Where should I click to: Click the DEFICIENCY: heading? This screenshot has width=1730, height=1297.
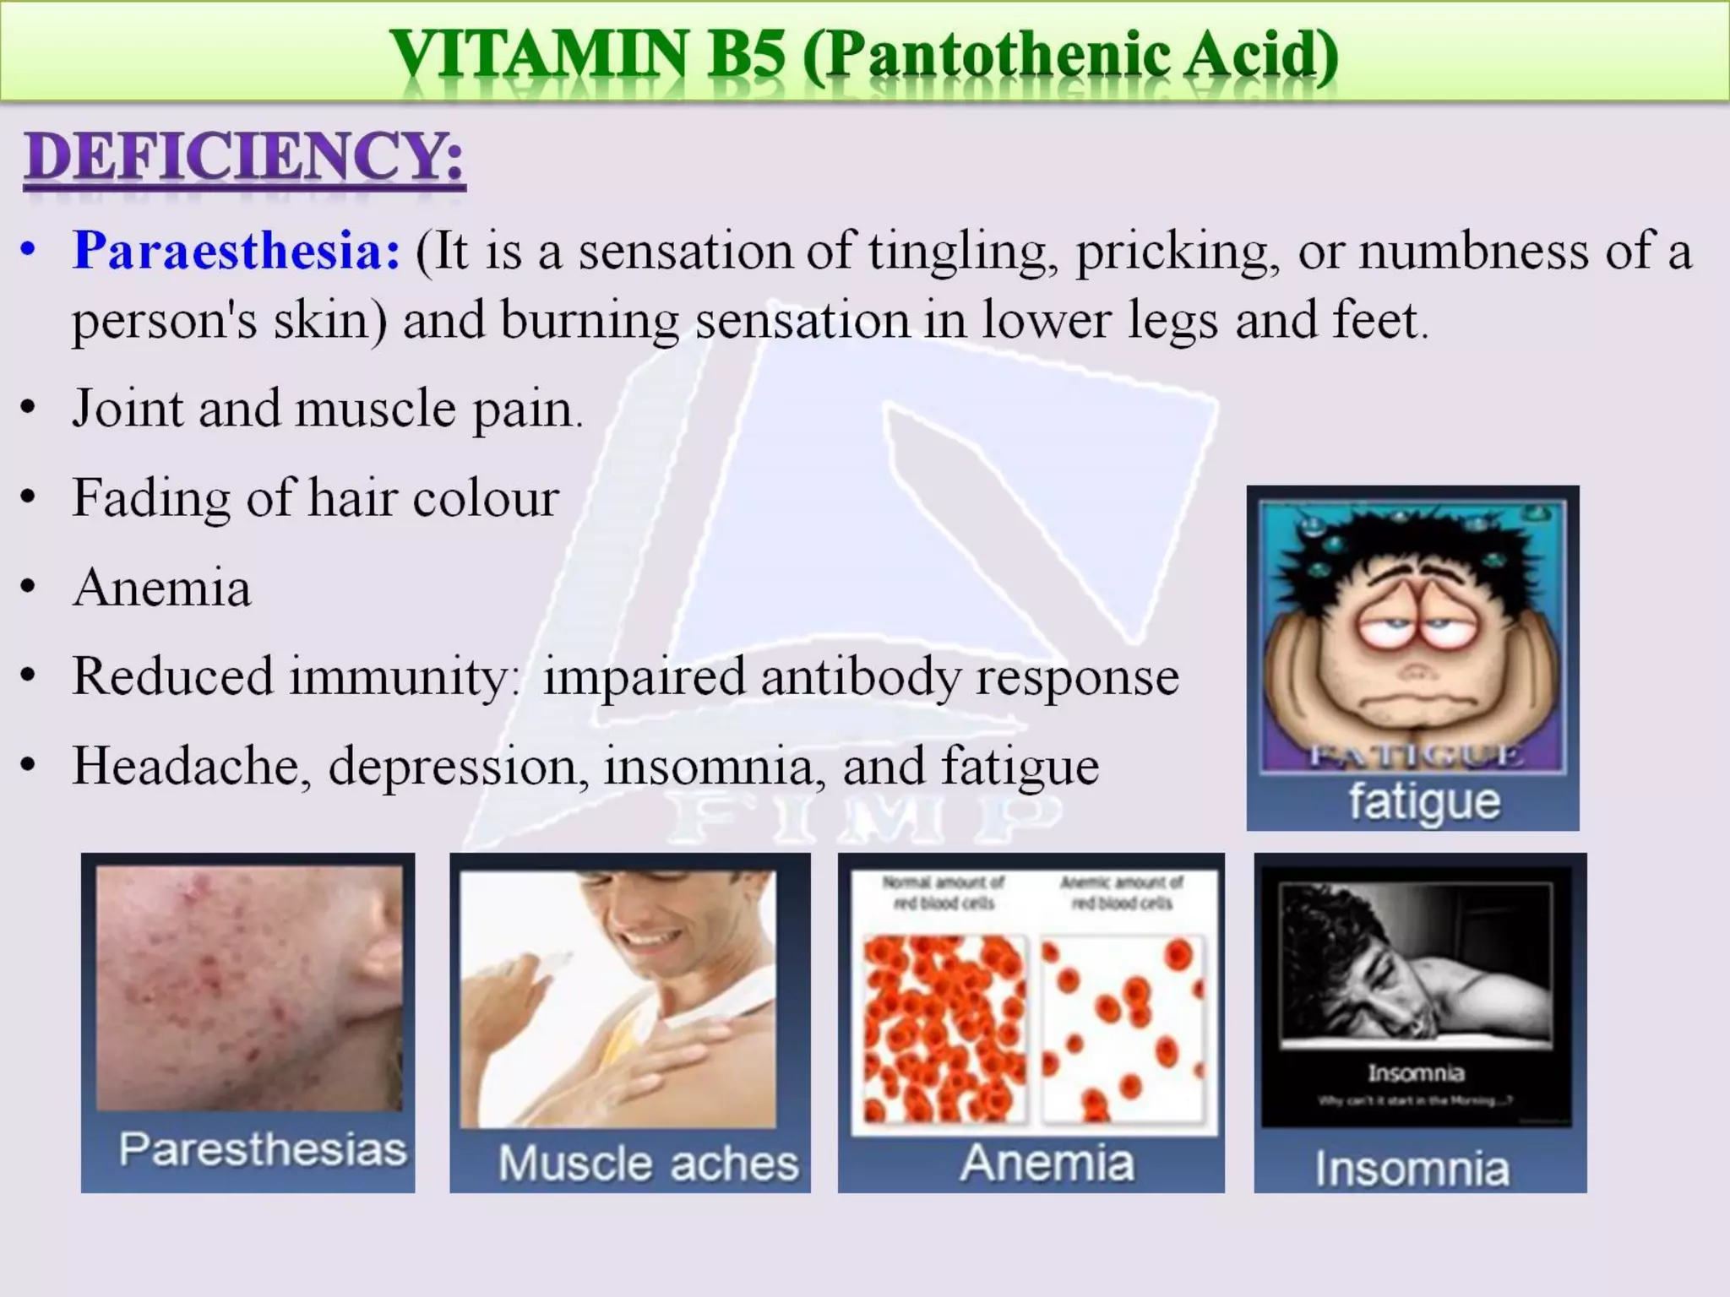pyautogui.click(x=244, y=158)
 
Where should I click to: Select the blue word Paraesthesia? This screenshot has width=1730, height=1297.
pyautogui.click(x=237, y=251)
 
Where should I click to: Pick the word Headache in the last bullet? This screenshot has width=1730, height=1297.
pyautogui.click(x=191, y=766)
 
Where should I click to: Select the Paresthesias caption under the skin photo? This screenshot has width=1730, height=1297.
pyautogui.click(x=263, y=1150)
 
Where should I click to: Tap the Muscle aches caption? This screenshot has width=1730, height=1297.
pyautogui.click(x=648, y=1163)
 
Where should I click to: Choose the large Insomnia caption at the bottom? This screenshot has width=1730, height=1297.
pyautogui.click(x=1412, y=1169)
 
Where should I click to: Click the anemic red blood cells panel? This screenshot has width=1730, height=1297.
pyautogui.click(x=1123, y=1028)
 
